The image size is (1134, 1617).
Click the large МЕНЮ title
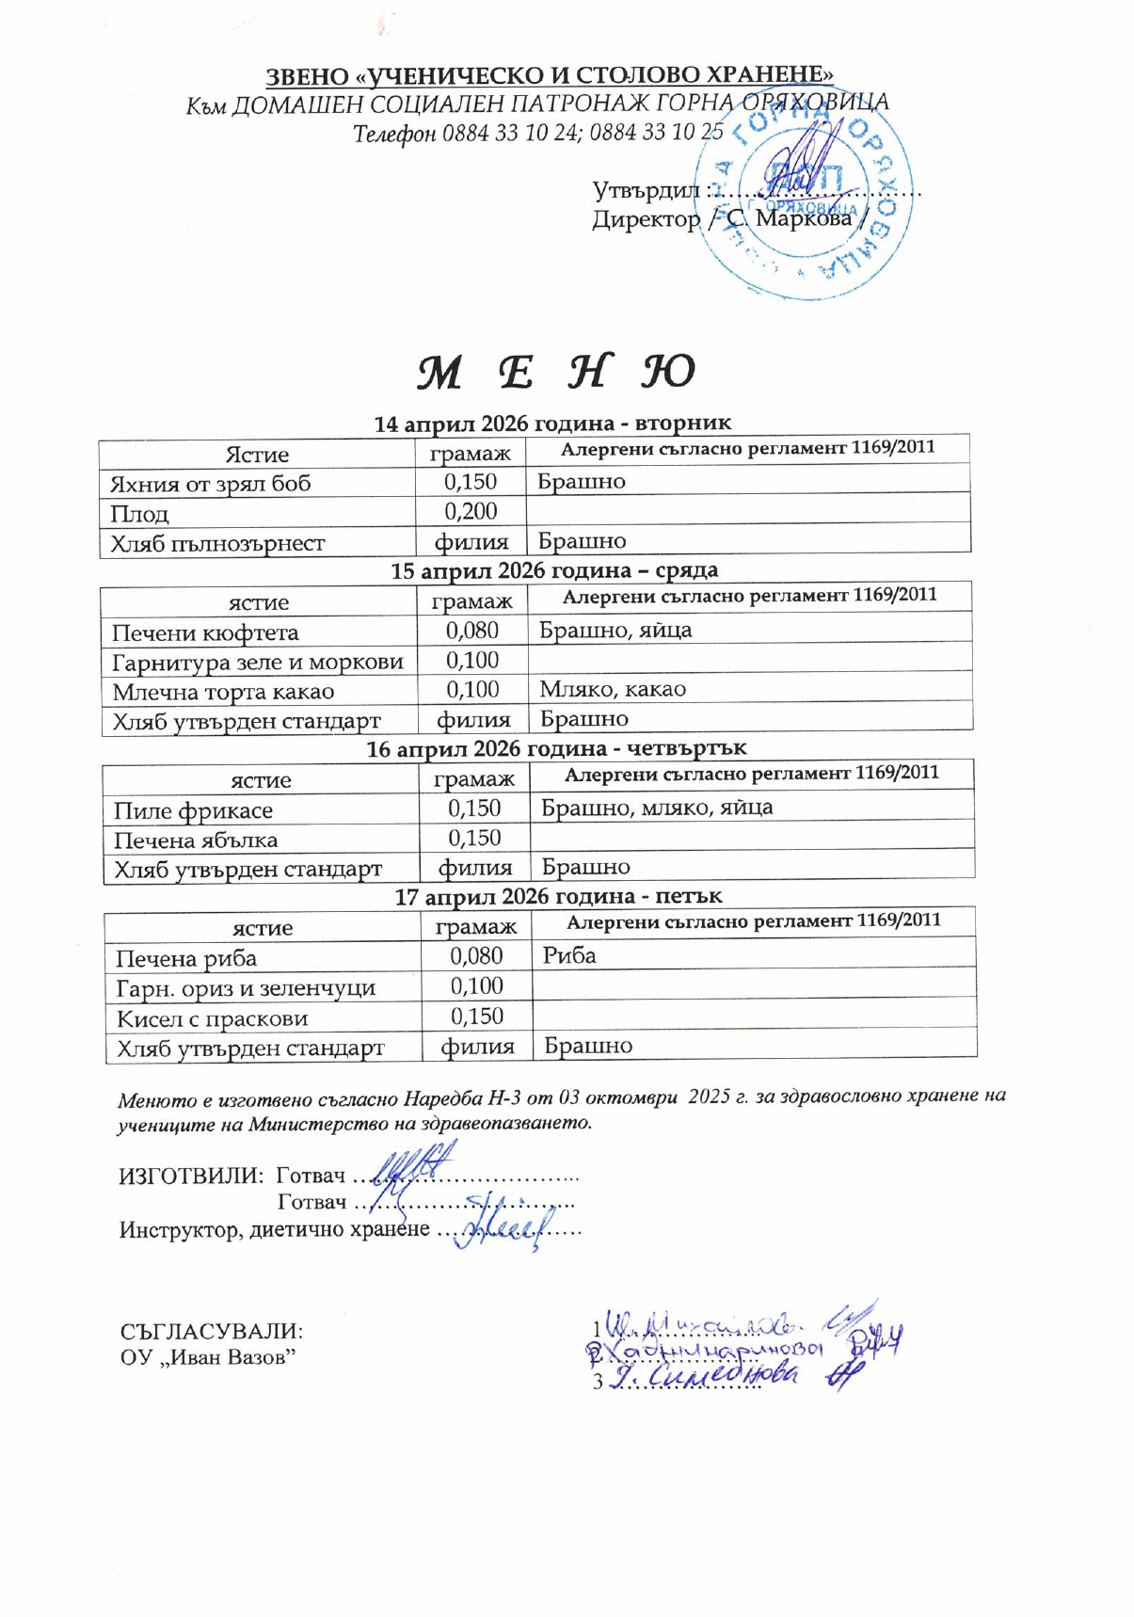(555, 373)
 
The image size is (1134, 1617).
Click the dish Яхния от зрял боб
(210, 485)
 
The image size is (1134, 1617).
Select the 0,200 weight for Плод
(471, 512)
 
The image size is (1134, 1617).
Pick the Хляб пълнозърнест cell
(217, 544)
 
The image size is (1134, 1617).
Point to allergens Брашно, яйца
(615, 631)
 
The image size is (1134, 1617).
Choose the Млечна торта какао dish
(223, 693)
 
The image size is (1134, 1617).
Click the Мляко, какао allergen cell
(613, 690)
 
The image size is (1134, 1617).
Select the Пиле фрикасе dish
(193, 811)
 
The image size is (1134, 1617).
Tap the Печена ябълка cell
(196, 841)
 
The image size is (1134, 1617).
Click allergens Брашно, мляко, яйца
(657, 808)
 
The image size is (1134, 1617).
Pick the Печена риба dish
(186, 959)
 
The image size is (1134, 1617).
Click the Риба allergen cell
(569, 956)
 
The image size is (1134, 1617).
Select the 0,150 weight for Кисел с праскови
(477, 1017)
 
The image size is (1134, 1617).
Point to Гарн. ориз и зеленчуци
(246, 989)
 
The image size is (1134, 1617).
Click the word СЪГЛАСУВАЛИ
(212, 1332)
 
